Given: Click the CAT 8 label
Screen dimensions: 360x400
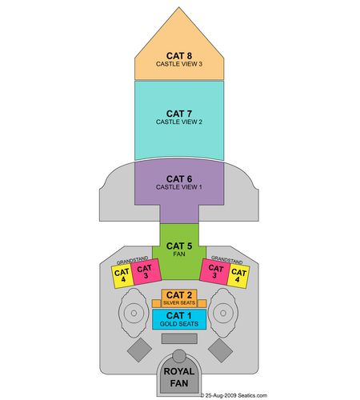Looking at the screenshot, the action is click(x=179, y=56).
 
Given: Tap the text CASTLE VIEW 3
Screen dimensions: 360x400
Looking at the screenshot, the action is click(x=179, y=64).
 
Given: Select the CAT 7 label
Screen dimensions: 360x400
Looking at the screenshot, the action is click(x=179, y=114).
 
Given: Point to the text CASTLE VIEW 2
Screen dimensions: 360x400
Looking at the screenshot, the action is click(x=179, y=122).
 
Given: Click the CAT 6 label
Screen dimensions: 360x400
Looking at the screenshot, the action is click(x=179, y=178).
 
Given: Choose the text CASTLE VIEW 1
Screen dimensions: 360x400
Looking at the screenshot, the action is click(x=179, y=187).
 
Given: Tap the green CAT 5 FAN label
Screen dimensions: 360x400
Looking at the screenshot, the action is click(x=179, y=249).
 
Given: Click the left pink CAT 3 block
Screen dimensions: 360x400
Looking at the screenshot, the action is click(x=146, y=272).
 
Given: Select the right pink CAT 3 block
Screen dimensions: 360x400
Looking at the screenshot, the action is click(x=215, y=272).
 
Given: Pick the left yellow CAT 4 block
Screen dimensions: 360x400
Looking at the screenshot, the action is click(x=122, y=276).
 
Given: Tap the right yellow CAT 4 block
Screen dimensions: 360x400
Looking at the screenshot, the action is click(x=238, y=276).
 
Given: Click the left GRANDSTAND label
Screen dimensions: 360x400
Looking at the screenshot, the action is click(x=132, y=260).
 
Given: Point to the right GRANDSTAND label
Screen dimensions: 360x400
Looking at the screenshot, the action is click(x=227, y=260).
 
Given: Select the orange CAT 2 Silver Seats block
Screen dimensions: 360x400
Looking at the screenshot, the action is click(x=179, y=298).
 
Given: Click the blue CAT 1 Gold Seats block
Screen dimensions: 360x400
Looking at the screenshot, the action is click(x=179, y=319).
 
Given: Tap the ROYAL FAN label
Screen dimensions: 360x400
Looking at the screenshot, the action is click(x=179, y=377).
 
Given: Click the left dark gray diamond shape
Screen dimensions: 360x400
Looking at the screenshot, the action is click(x=139, y=350).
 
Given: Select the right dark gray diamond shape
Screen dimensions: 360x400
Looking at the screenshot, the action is click(x=220, y=350).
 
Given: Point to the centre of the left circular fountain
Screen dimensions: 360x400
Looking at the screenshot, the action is click(x=134, y=313).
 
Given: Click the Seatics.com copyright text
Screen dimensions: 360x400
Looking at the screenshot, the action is click(x=234, y=395).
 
